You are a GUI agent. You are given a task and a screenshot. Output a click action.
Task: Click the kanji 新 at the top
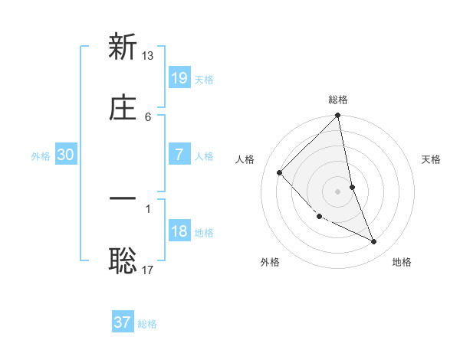pyautogui.click(x=123, y=47)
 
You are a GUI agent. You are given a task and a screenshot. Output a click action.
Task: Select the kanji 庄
pyautogui.click(x=123, y=108)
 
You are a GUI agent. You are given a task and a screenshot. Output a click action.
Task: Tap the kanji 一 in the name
pyautogui.click(x=123, y=200)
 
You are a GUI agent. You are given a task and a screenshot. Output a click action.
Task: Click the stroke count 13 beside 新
pyautogui.click(x=148, y=55)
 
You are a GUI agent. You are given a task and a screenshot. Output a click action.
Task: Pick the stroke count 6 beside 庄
pyautogui.click(x=148, y=116)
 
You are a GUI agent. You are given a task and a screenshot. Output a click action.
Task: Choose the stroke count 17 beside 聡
pyautogui.click(x=148, y=270)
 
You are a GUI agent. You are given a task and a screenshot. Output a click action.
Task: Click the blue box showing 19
pyautogui.click(x=179, y=77)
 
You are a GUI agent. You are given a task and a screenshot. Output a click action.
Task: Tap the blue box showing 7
pyautogui.click(x=179, y=154)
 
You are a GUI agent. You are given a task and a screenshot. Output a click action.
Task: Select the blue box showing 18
pyautogui.click(x=179, y=231)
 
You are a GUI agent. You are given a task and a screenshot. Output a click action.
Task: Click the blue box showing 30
pyautogui.click(x=66, y=154)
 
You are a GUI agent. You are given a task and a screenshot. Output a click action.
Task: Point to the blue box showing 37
pyautogui.click(x=123, y=322)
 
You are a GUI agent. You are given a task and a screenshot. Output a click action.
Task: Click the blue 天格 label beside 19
pyautogui.click(x=204, y=79)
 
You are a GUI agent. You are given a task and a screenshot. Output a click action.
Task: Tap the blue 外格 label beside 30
pyautogui.click(x=41, y=155)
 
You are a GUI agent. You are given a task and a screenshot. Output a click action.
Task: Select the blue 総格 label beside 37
pyautogui.click(x=147, y=324)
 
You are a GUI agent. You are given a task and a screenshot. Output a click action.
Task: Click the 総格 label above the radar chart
pyautogui.click(x=338, y=100)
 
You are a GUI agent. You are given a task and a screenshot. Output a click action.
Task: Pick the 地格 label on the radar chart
pyautogui.click(x=402, y=262)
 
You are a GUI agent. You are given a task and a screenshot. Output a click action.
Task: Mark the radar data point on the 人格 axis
pyautogui.click(x=280, y=172)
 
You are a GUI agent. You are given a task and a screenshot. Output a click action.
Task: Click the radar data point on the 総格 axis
pyautogui.click(x=338, y=116)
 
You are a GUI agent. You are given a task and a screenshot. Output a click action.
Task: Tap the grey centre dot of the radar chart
pyautogui.click(x=338, y=191)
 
